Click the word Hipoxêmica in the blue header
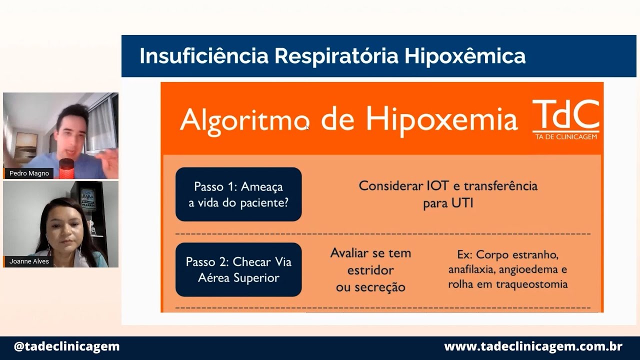[465, 56]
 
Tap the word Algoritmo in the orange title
[244, 120]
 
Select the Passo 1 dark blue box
[238, 194]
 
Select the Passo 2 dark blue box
[238, 269]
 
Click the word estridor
[370, 270]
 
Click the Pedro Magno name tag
[29, 173]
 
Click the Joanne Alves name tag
[29, 261]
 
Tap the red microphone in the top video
[66, 168]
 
